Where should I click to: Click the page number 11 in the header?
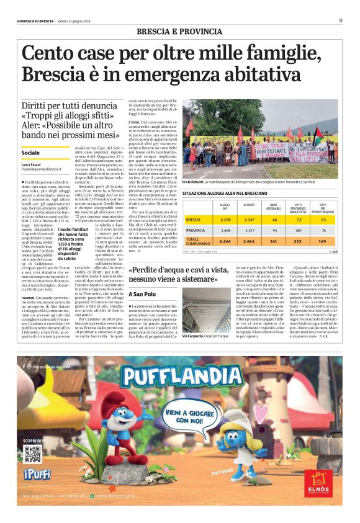coord(340,20)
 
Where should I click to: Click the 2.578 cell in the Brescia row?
coord(225,220)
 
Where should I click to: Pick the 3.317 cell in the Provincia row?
coord(250,230)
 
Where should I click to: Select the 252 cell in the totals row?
coord(298,241)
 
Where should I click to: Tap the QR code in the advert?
coord(32,454)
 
